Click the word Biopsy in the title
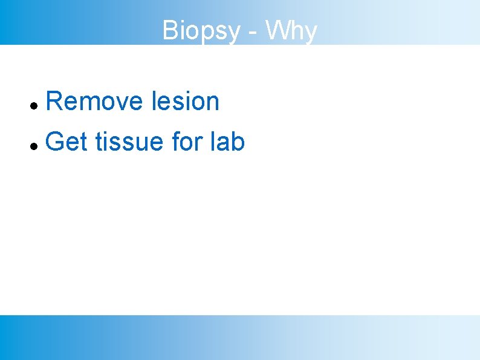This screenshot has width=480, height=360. pos(201,30)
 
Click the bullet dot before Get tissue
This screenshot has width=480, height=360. pos(34,146)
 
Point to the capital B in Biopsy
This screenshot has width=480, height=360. pos(170,30)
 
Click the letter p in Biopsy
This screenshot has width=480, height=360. pos(206,33)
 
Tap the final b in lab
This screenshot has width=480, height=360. pos(238,142)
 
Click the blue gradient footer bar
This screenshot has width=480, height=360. pos(240,337)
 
